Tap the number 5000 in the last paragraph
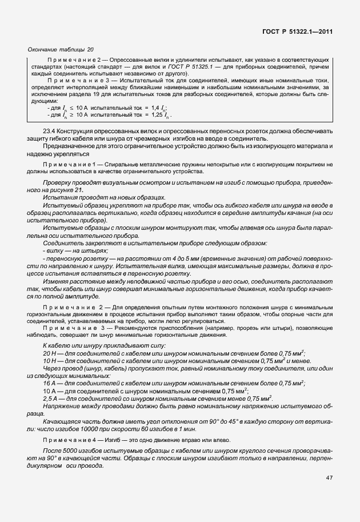[x=67, y=451]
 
